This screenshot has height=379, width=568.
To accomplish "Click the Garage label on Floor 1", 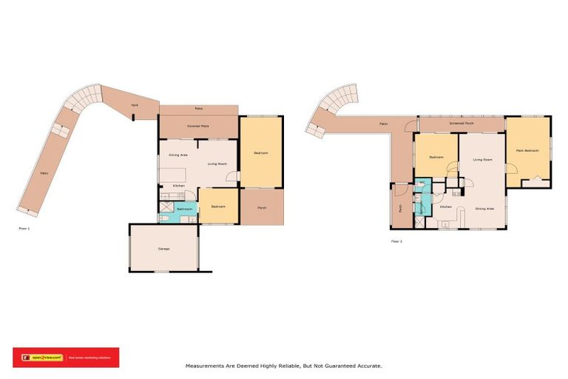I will [x=163, y=249].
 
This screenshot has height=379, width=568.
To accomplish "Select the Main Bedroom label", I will [x=528, y=150].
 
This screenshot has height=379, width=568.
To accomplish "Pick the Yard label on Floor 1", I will [x=135, y=106].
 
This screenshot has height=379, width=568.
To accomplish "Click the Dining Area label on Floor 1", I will [x=177, y=155].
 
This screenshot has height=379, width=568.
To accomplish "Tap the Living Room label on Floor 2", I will [x=482, y=159].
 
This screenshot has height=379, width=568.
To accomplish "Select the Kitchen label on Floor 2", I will [x=445, y=207].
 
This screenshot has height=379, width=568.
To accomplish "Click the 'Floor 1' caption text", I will [x=24, y=229].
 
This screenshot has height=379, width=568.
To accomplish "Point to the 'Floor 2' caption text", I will [x=396, y=241].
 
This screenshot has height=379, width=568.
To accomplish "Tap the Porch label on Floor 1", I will [x=262, y=208].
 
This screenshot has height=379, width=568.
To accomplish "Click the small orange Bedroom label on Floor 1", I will [x=218, y=207].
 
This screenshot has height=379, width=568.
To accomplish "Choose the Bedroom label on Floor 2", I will [x=436, y=157].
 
